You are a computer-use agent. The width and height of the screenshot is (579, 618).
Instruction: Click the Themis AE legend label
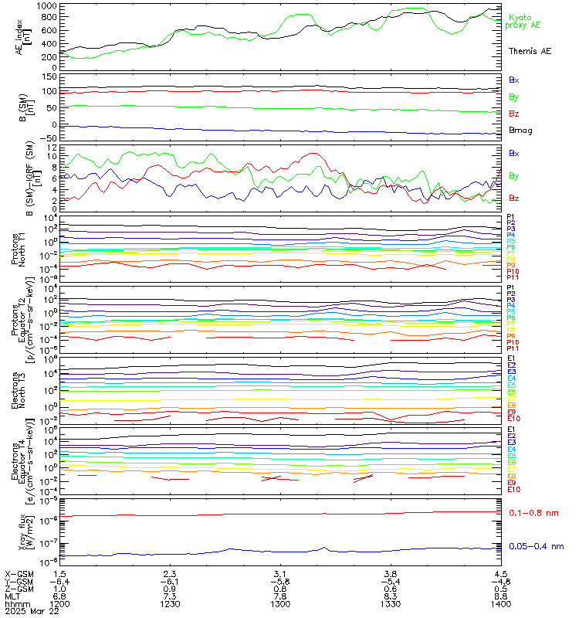pos(529,51)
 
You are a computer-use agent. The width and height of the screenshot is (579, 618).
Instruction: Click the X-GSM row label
pos(19,573)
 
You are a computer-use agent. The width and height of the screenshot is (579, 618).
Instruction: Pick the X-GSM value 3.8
pos(391,573)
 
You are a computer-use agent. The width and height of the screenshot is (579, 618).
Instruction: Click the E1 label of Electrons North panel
pos(511,359)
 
